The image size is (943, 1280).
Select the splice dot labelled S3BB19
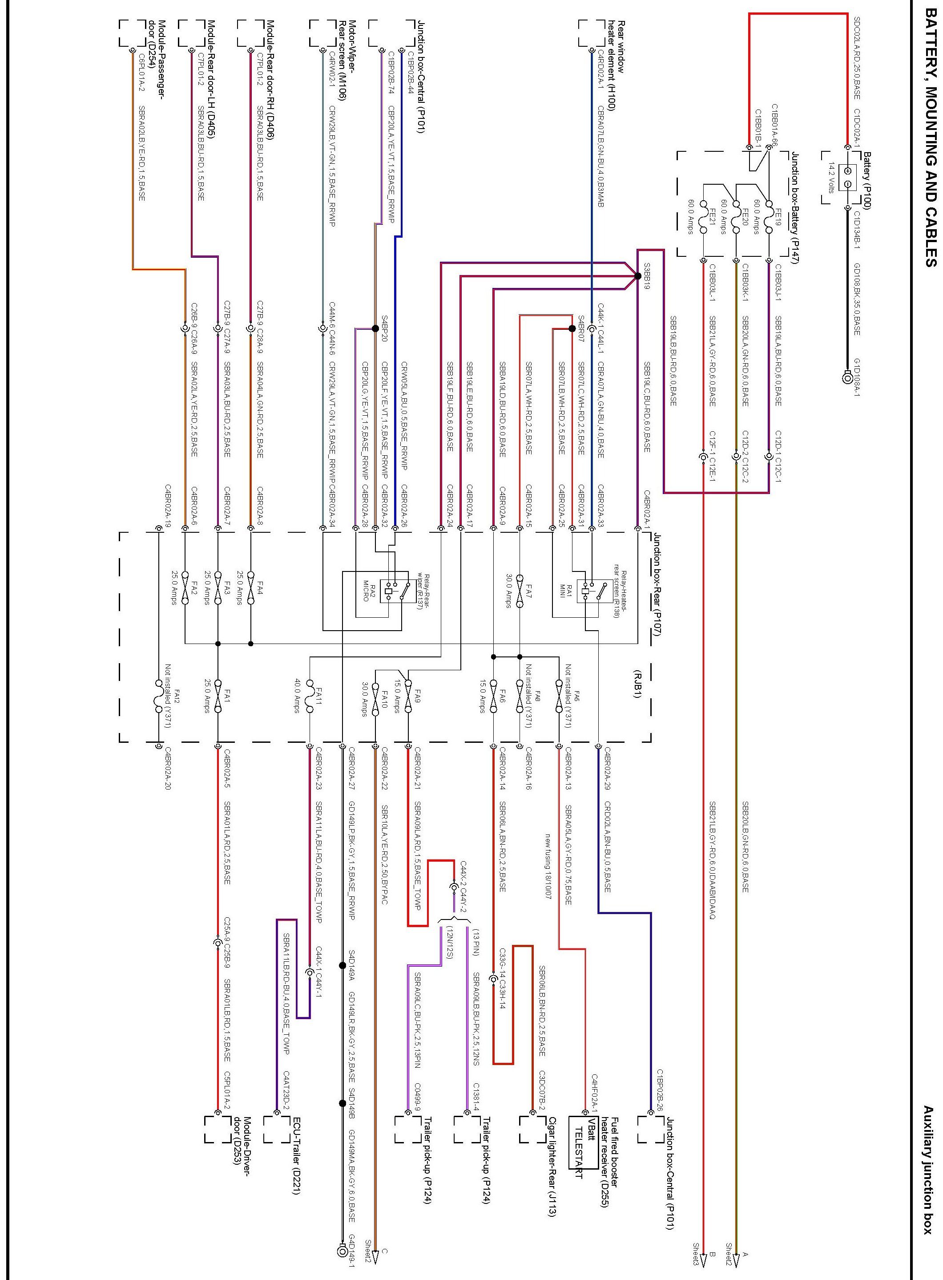click(x=637, y=276)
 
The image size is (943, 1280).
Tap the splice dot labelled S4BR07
click(x=572, y=328)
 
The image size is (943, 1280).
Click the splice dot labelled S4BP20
click(x=375, y=328)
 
